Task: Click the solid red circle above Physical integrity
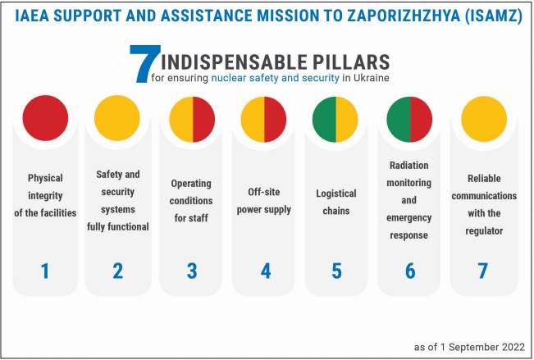(x=45, y=118)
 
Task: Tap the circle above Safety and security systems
(x=117, y=118)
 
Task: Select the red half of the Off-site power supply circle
(x=275, y=119)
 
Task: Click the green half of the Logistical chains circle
(x=324, y=119)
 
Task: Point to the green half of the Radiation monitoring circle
(x=399, y=119)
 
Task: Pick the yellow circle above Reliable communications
(x=484, y=119)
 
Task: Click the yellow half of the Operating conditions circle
(x=181, y=119)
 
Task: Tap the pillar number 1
(x=44, y=271)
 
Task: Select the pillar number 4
(x=266, y=271)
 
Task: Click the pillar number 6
(x=410, y=271)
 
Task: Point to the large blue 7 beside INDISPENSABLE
(x=144, y=64)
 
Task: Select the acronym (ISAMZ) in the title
(x=494, y=16)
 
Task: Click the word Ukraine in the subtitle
(x=372, y=78)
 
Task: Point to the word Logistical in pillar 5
(x=336, y=194)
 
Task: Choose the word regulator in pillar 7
(x=484, y=231)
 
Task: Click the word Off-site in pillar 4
(x=264, y=192)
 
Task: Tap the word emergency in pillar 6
(x=409, y=217)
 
